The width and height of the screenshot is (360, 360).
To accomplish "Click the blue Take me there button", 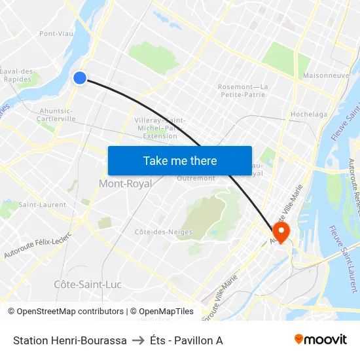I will (180, 160).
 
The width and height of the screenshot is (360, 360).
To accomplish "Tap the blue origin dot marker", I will (80, 78).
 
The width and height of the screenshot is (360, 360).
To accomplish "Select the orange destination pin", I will (281, 231).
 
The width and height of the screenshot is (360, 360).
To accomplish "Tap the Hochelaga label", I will (309, 114).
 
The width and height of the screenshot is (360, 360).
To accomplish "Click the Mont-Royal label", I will (125, 184).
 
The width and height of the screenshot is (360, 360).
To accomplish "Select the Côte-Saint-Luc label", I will (88, 285).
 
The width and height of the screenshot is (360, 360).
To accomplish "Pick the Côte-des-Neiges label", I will (156, 232).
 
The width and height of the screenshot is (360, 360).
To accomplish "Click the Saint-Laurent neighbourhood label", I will (42, 205).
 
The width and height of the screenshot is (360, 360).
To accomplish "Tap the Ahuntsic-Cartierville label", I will (58, 115).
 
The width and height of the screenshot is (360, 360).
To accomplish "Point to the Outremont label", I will (196, 178).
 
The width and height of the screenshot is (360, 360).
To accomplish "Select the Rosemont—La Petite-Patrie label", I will (242, 90).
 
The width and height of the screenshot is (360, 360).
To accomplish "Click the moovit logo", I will (321, 339).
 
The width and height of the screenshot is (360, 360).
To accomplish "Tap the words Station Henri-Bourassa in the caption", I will (69, 340).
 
